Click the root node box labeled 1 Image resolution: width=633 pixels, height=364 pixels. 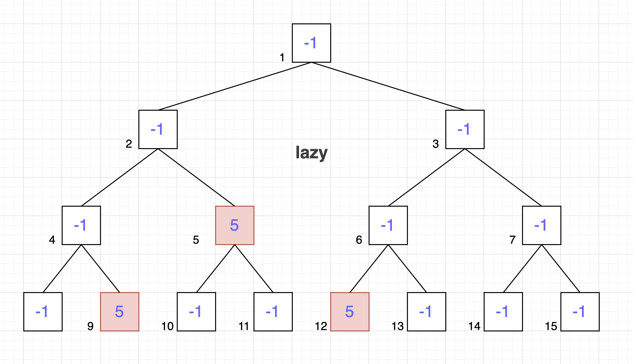pos(311,43)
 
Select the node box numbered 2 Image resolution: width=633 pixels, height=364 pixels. pos(158,129)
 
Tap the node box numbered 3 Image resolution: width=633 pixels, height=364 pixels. pos(465,129)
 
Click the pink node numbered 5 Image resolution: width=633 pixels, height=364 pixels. pos(235,225)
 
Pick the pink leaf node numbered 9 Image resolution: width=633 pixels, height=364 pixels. pos(120,312)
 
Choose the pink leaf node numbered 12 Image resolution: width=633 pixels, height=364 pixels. pos(350,312)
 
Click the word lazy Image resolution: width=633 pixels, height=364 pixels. pos(311,153)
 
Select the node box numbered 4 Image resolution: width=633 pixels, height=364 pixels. pos(81,225)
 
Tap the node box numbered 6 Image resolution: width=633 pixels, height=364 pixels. pos(388,225)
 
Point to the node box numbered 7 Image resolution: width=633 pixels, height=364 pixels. pos(542,225)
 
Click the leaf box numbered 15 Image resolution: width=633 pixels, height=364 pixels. pos(580,312)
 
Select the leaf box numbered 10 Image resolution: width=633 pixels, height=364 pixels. pos(196,312)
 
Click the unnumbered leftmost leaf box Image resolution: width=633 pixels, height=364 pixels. pos(43,312)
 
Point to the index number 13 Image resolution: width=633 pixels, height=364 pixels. pos(398,326)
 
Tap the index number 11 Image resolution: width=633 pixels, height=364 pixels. pos(244,326)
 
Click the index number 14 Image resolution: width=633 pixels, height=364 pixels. pos(474,326)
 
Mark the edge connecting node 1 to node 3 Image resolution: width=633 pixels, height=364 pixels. pos(388,86)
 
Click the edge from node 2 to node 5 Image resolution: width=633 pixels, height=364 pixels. pos(196,177)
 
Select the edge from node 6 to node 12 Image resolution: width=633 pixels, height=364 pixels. pos(369,268)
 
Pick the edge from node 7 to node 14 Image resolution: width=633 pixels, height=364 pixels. pos(522,268)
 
